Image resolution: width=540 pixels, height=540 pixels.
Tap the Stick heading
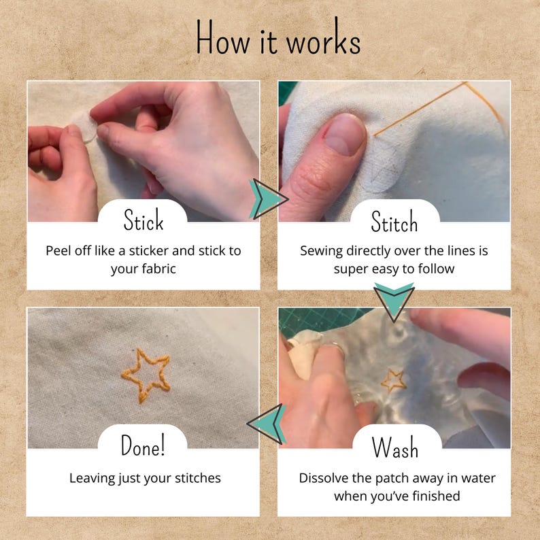[x=144, y=220]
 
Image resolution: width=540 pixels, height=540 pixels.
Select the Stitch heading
[x=394, y=222]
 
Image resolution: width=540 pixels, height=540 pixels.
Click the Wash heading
[x=395, y=447]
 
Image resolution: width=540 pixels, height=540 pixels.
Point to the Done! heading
[x=143, y=445]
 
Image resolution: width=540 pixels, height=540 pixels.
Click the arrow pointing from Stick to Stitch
[x=268, y=199]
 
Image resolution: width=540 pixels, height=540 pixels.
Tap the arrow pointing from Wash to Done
[x=266, y=424]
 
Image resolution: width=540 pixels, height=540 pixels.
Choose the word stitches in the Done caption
[x=198, y=478]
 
